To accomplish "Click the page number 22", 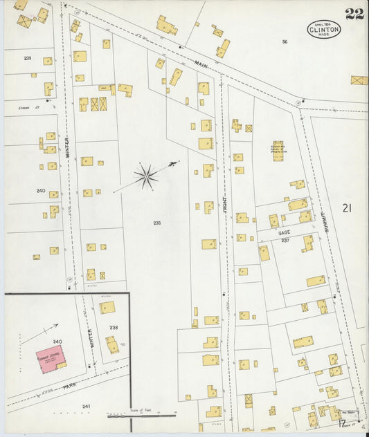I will [354, 15].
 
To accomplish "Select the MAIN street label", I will [201, 64].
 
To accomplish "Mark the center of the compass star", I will [145, 177].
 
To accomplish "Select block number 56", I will [285, 42].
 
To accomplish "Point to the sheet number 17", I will [343, 421].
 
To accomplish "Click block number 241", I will [87, 407].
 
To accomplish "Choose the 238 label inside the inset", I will [114, 327].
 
